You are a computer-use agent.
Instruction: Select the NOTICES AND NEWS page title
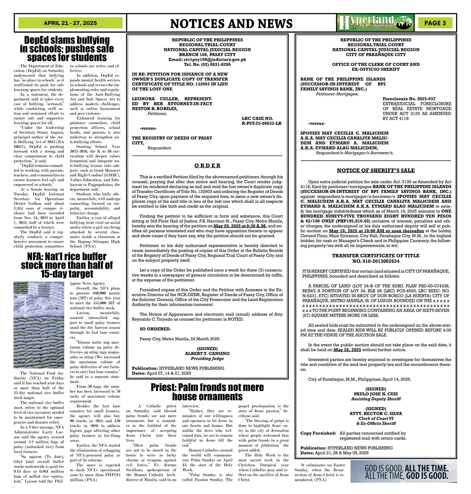231,24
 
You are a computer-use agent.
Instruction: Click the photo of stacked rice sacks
39,325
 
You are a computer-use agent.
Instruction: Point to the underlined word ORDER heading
207,166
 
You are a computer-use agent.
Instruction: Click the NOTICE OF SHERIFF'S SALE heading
376,170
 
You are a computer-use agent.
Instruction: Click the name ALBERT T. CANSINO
207,354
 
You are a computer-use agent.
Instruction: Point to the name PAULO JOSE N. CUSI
376,394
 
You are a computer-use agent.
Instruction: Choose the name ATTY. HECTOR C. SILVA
376,414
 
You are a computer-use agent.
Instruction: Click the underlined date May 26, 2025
347,350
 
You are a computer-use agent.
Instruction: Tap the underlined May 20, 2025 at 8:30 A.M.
240,226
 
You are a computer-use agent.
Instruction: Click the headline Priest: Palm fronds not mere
207,387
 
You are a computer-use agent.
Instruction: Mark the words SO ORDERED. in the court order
155,329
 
